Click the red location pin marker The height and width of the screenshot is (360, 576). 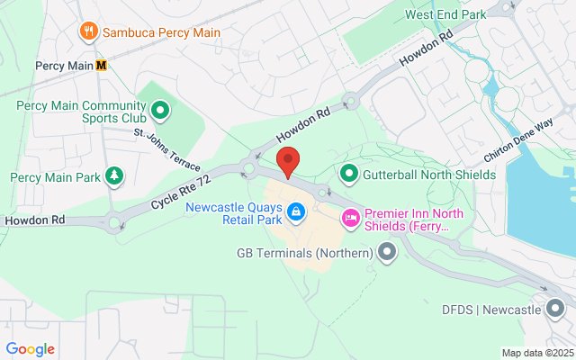288,163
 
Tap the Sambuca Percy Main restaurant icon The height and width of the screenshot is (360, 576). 88,32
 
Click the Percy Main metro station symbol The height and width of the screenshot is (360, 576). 103,65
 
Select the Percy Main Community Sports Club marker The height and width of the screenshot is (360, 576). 160,112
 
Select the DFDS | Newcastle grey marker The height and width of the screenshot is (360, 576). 555,310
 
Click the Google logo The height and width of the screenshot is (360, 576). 30,349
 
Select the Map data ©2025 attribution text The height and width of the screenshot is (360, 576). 536,353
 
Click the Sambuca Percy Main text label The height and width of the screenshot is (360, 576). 161,32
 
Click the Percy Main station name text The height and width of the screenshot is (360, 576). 64,65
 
